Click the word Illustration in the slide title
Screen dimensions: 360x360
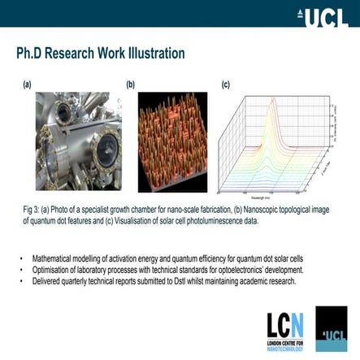[x=154, y=54]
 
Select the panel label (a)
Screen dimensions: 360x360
[x=27, y=84]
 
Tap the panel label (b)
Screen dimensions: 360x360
[x=130, y=84]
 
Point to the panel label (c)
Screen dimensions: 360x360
[x=226, y=84]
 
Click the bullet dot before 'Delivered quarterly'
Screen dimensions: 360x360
[x=22, y=281]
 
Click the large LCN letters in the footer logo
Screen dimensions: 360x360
[x=285, y=325]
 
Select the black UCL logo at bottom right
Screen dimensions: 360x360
[x=331, y=329]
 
